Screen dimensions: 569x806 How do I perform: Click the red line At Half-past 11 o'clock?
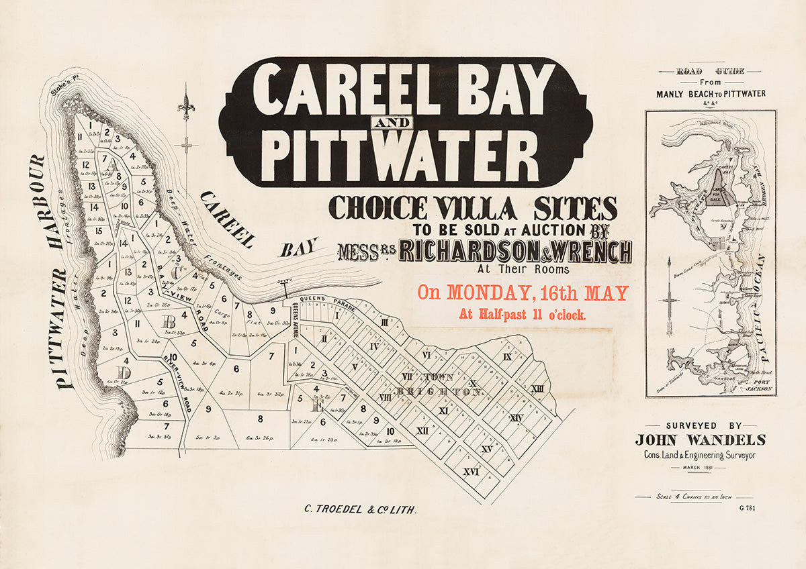click(522, 313)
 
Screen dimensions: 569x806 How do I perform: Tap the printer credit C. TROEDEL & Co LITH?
click(360, 510)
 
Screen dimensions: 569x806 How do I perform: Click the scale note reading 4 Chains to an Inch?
click(692, 497)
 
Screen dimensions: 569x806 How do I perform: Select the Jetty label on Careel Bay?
click(285, 284)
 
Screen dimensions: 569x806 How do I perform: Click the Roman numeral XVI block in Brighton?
click(471, 472)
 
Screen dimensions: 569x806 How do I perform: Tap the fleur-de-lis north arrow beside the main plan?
click(186, 107)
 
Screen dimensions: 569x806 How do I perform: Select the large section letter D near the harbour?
click(123, 373)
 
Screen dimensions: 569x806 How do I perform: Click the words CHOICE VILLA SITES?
click(472, 209)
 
